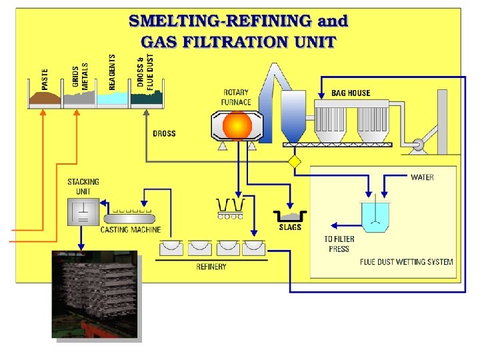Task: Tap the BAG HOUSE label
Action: click(351, 93)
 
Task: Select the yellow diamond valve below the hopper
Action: click(293, 162)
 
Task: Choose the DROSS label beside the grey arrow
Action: click(164, 133)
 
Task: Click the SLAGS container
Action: click(290, 216)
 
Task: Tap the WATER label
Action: click(421, 177)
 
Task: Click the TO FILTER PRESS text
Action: click(339, 244)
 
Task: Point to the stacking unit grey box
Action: click(83, 212)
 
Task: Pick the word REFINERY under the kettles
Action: click(211, 267)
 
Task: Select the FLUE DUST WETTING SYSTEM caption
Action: click(406, 262)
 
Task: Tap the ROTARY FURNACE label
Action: click(236, 97)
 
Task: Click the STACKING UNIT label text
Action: click(83, 187)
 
